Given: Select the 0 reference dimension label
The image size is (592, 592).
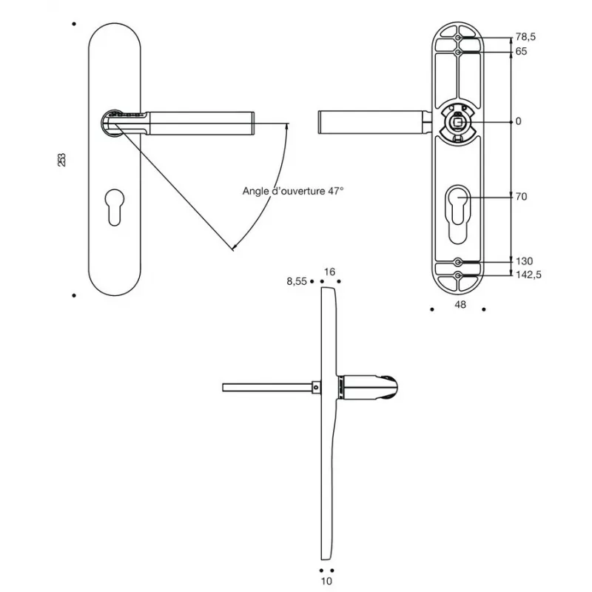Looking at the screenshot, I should click(x=518, y=121).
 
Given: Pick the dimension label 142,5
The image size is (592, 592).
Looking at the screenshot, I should click(x=528, y=275).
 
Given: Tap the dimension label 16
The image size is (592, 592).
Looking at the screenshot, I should click(x=329, y=272).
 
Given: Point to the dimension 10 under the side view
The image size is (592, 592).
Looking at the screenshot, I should click(x=327, y=582).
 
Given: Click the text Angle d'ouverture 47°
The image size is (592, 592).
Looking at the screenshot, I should click(x=294, y=190).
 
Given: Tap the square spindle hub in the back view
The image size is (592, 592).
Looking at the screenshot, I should click(x=458, y=123).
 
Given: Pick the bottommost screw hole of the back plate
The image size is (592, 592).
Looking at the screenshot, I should click(x=459, y=277).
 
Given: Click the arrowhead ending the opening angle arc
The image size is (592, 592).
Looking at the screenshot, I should click(x=234, y=246).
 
